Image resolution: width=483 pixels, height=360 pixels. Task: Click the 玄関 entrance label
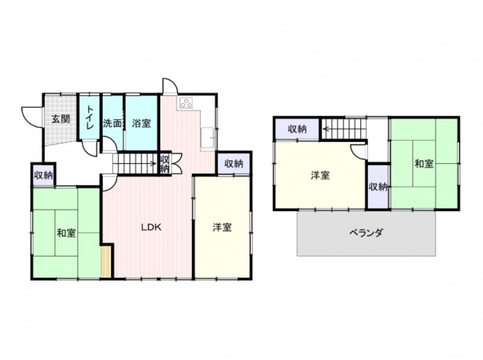[60, 119]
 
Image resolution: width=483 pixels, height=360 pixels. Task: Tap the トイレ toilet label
[90, 117]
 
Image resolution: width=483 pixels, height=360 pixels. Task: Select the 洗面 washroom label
[112, 123]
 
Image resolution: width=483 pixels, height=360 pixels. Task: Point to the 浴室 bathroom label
[142, 123]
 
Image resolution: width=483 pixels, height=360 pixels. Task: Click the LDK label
[151, 228]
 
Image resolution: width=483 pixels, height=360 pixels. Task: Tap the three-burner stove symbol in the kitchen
[186, 102]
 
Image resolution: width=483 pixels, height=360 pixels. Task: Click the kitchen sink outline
[208, 138]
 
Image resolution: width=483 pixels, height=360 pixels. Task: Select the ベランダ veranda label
[366, 232]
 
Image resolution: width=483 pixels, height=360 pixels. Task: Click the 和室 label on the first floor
[66, 233]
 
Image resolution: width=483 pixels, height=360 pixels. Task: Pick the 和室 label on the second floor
[424, 163]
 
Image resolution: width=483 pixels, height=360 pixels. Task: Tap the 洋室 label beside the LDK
[222, 228]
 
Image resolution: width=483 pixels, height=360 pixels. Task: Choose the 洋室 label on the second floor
[320, 175]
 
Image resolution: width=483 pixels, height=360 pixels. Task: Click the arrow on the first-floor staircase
[135, 163]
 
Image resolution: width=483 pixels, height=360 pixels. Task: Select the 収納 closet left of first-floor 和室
[43, 175]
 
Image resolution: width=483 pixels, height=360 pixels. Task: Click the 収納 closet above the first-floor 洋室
[234, 163]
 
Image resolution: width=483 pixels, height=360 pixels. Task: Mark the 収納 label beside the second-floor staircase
[297, 129]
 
